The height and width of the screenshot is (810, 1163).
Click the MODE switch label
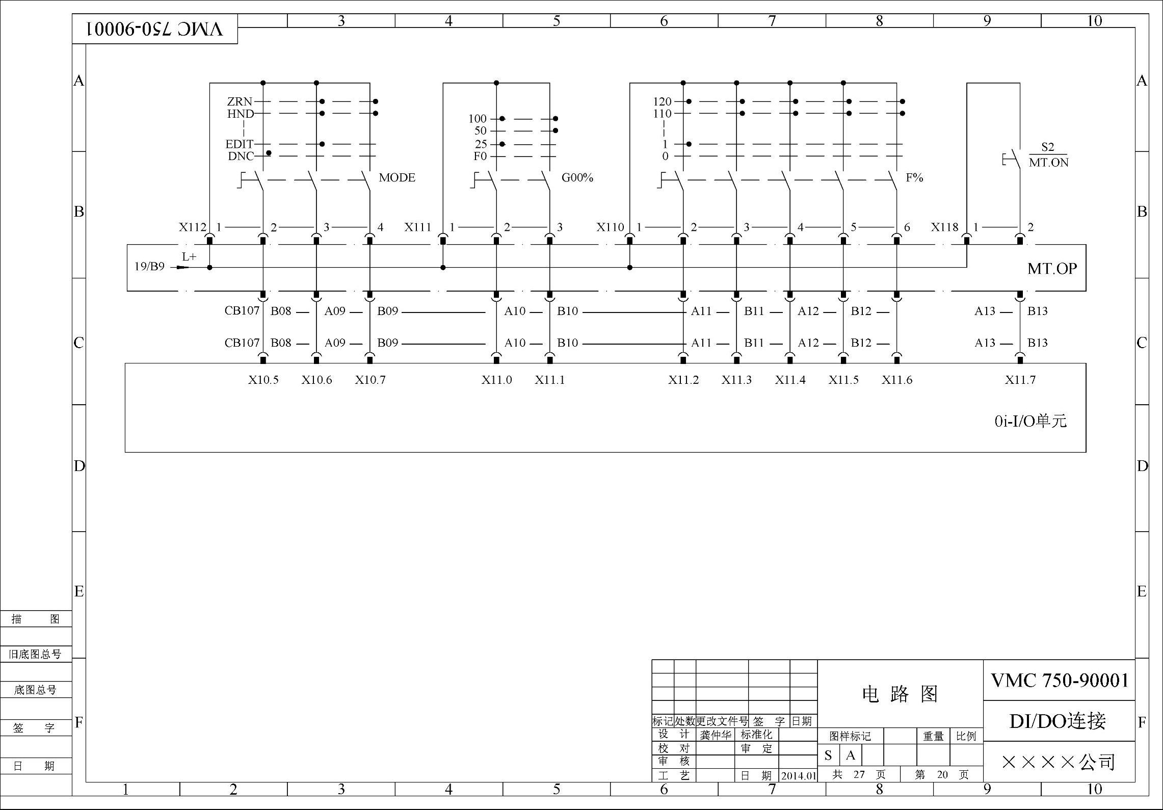click(397, 178)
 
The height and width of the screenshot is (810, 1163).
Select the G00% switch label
click(577, 178)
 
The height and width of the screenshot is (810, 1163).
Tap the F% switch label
click(914, 178)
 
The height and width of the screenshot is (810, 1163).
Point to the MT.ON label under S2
click(1048, 163)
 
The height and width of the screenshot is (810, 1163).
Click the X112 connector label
click(192, 227)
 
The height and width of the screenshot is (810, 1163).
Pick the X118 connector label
click(944, 227)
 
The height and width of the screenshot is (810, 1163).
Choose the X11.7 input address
click(1020, 380)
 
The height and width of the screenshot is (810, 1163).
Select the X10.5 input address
click(263, 380)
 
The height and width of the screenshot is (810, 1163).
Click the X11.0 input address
click(496, 380)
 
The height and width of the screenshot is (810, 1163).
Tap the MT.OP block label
click(1052, 269)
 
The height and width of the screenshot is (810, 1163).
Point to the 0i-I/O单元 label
click(1030, 421)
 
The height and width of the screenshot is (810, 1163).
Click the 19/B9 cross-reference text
click(149, 267)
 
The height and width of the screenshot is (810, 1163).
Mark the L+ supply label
click(189, 257)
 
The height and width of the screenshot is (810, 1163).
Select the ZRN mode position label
click(240, 101)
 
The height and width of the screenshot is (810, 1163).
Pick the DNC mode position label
click(241, 156)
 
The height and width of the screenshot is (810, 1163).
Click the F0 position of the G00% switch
click(480, 156)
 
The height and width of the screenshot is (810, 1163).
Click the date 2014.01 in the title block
click(799, 776)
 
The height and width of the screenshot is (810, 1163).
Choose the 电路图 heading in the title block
click(900, 694)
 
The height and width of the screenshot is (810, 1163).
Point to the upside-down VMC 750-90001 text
click(155, 29)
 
